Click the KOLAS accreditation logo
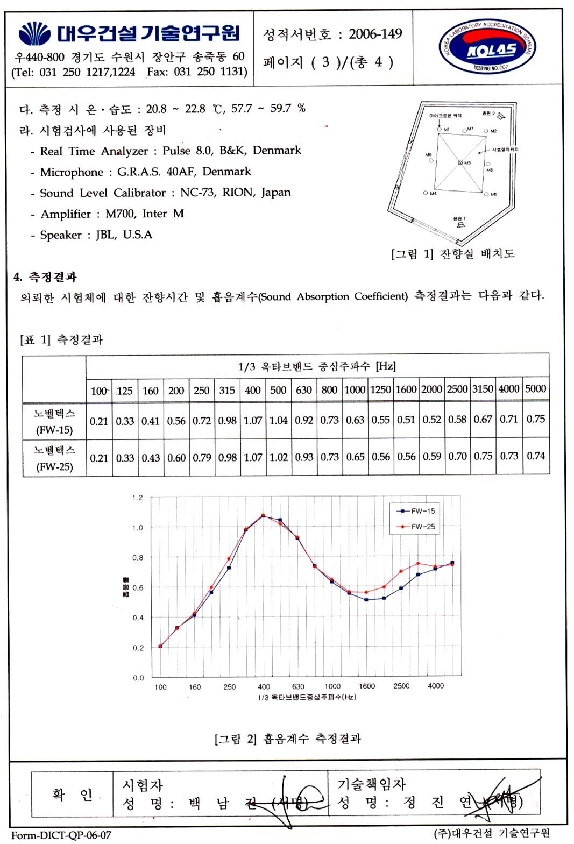[x=487, y=48]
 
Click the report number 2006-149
[x=375, y=34]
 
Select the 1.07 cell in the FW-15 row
[x=253, y=420]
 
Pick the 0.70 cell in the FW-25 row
[x=457, y=457]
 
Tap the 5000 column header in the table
[x=535, y=389]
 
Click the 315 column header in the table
[x=227, y=390]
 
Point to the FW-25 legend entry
[x=417, y=527]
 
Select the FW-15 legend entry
[x=417, y=511]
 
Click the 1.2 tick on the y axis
[x=138, y=498]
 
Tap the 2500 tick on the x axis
[x=401, y=686]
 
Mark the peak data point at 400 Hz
[x=263, y=516]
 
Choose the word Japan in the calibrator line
[x=276, y=193]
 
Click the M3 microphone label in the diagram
[x=467, y=163]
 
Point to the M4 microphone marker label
[x=433, y=194]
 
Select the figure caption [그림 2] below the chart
[x=288, y=739]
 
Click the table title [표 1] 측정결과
[x=61, y=339]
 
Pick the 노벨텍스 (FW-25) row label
[x=54, y=458]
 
